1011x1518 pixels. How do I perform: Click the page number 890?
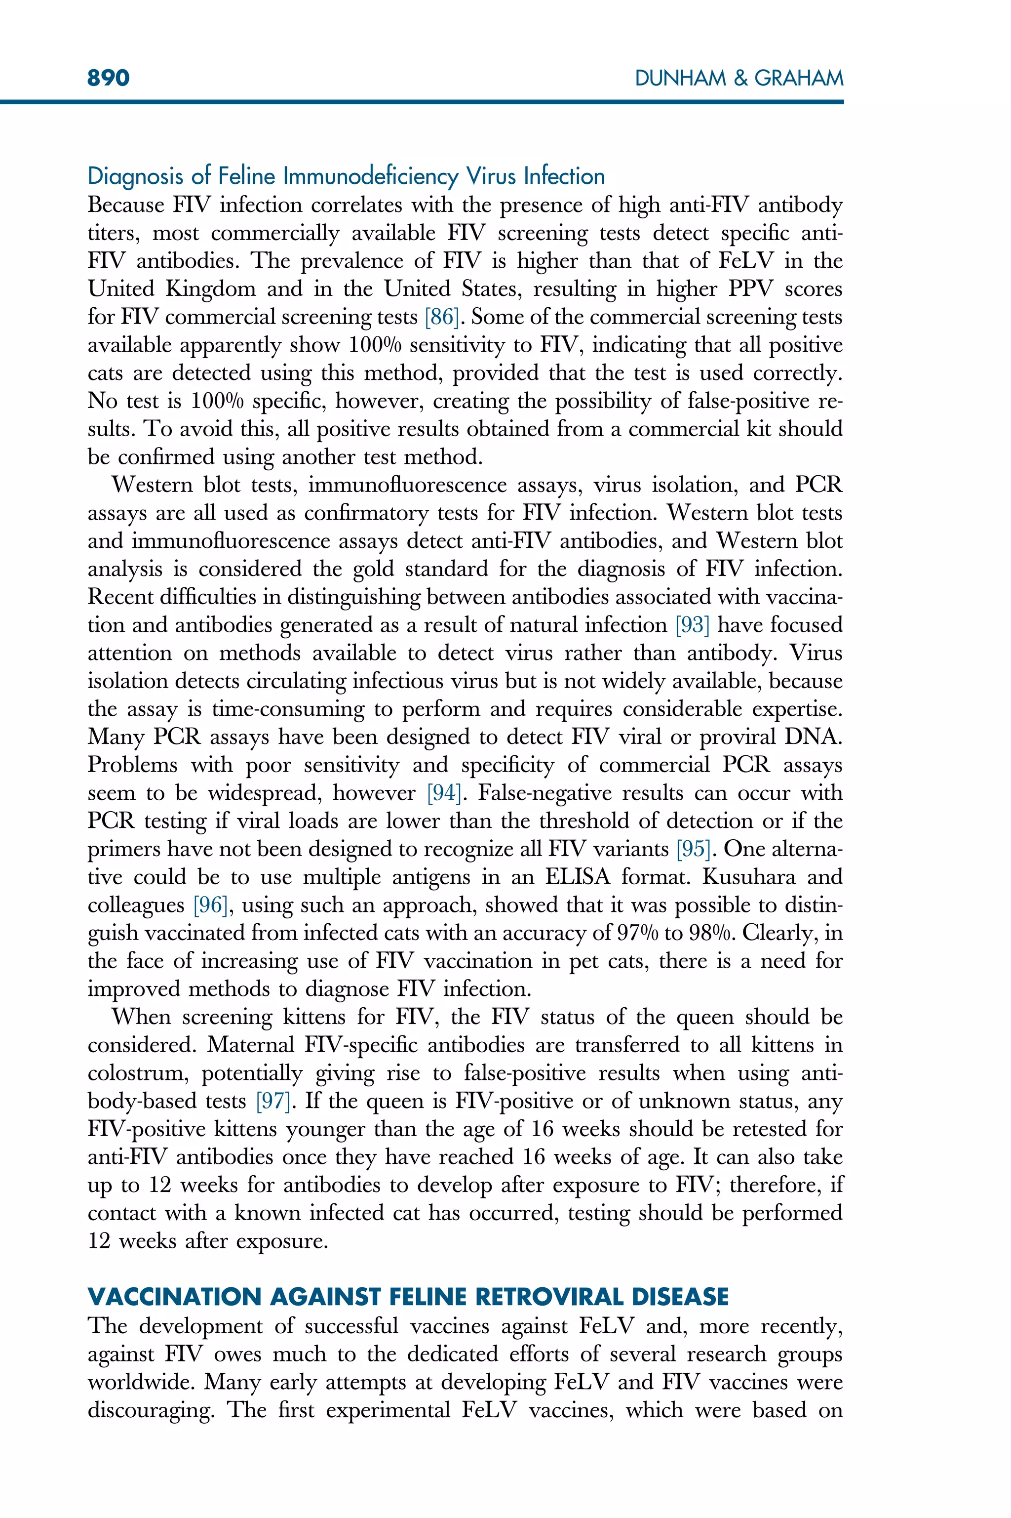108,78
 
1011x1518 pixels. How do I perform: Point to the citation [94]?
444,793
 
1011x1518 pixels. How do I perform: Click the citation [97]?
272,1101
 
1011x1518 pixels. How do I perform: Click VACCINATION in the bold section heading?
173,1297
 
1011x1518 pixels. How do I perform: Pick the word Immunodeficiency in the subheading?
371,176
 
